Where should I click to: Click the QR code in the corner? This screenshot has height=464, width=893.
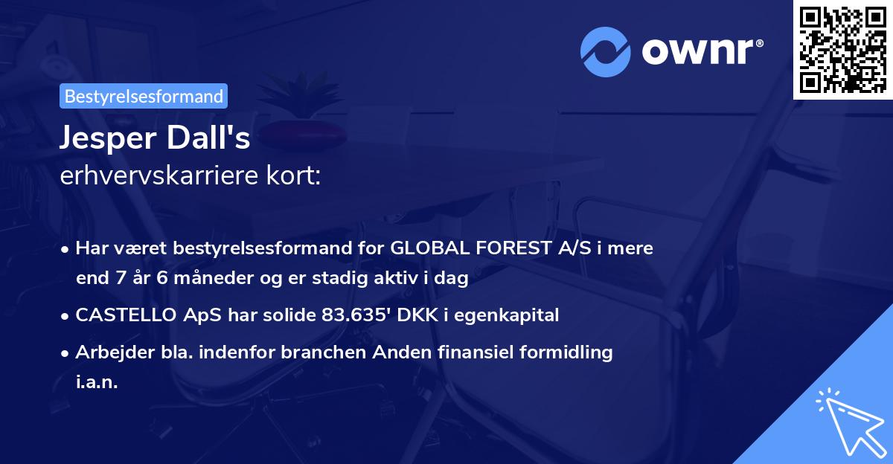tap(843, 49)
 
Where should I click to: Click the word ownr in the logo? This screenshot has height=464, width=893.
tap(700, 51)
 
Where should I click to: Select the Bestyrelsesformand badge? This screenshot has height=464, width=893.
tap(144, 96)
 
